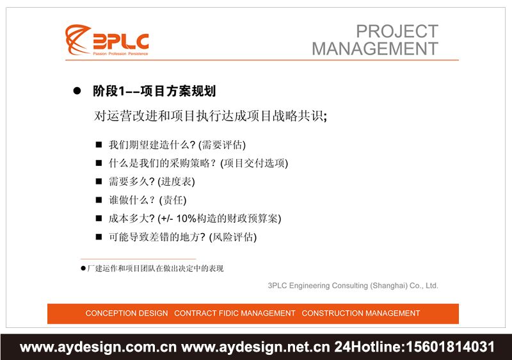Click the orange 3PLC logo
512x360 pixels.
(x=106, y=40)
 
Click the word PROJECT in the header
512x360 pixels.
(x=397, y=31)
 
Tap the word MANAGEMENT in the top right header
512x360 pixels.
(x=375, y=49)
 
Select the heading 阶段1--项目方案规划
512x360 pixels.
(x=154, y=92)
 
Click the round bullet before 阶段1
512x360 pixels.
(x=77, y=92)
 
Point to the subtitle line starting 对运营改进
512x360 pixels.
(x=211, y=116)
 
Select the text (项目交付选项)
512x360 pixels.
(x=254, y=163)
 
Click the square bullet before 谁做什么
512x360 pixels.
(x=99, y=200)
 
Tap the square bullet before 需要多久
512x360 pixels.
(x=99, y=182)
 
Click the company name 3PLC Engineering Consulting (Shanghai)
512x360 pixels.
(x=353, y=286)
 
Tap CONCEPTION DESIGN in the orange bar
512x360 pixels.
(x=127, y=313)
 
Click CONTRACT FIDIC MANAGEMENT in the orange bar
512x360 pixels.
(x=235, y=313)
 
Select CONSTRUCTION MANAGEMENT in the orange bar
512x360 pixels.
(x=361, y=313)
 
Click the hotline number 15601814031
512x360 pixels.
(x=447, y=347)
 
